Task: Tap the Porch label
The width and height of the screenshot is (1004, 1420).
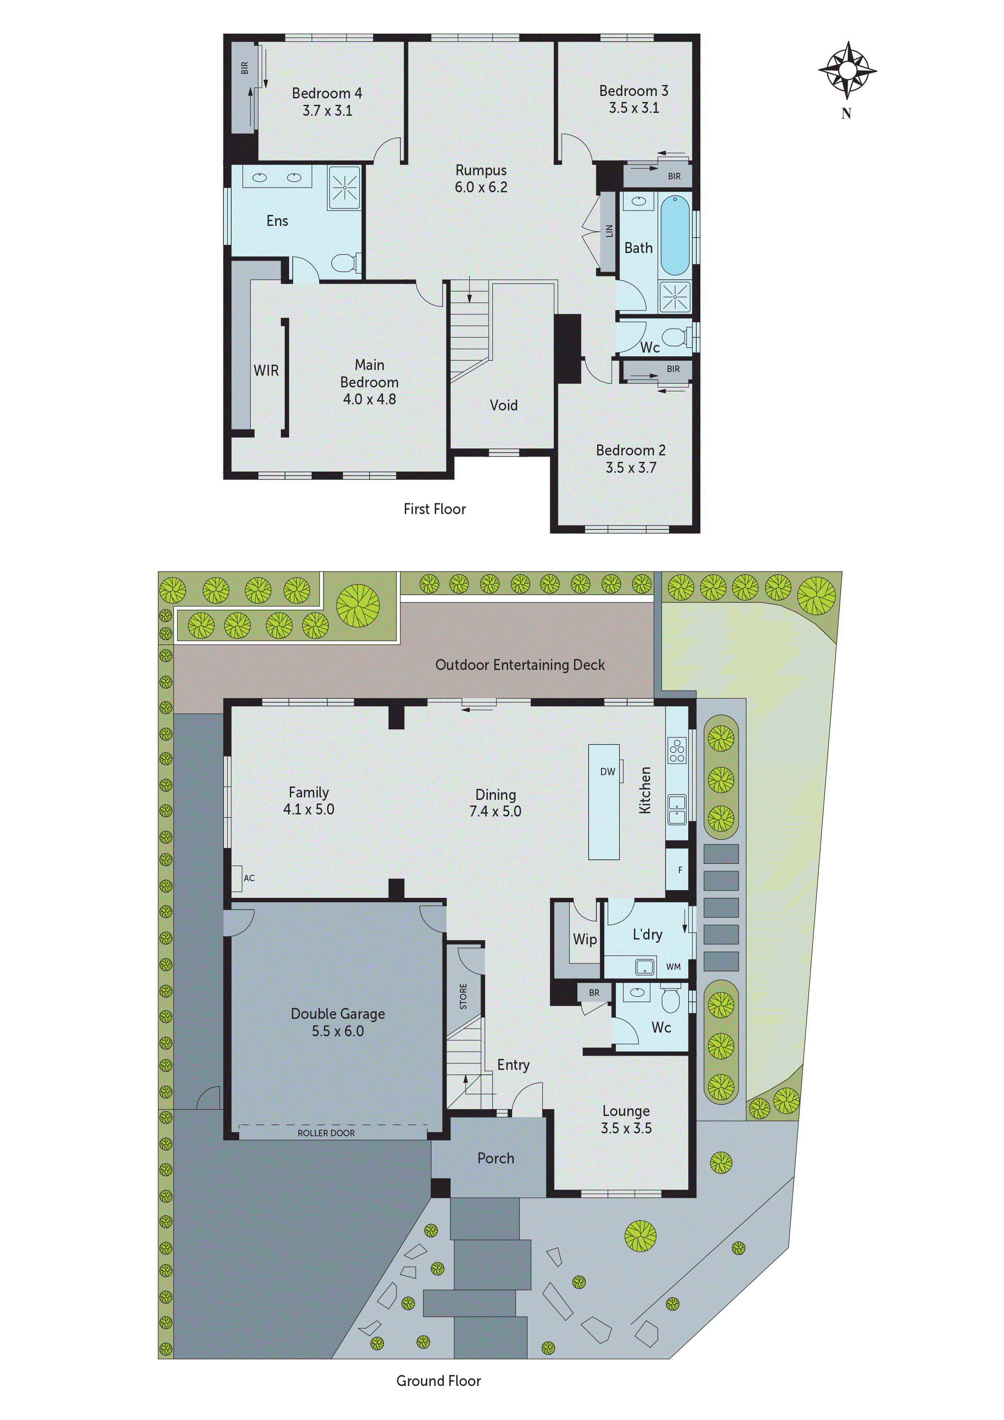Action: (x=496, y=1159)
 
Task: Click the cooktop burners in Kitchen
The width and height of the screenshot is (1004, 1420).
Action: (x=677, y=750)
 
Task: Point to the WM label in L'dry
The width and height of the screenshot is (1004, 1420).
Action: (x=673, y=967)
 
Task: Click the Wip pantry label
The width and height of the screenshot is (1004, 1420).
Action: (x=585, y=940)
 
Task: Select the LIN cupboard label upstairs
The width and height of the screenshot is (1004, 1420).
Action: (x=609, y=231)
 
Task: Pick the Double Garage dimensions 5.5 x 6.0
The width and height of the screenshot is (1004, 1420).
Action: (x=337, y=1031)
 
